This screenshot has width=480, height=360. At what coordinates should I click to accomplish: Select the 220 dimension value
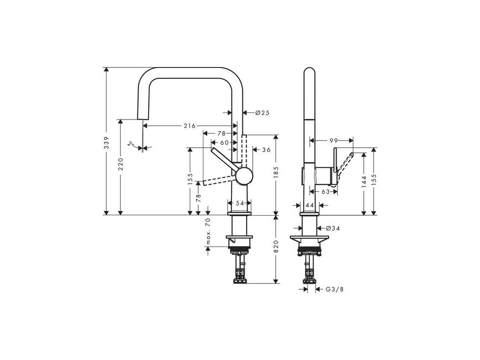[x=121, y=164]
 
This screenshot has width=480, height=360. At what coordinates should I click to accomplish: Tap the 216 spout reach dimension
[x=189, y=126]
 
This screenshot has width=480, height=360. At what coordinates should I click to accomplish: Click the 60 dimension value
[x=224, y=142]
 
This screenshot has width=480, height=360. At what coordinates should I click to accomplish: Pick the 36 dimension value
[x=266, y=150]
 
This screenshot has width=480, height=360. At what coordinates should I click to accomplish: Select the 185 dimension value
[x=277, y=171]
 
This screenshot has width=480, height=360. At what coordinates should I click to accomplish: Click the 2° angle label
[x=131, y=144]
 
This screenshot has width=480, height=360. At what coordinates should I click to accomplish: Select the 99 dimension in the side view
[x=334, y=140]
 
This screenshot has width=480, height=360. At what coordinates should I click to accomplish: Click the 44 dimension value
[x=309, y=205]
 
